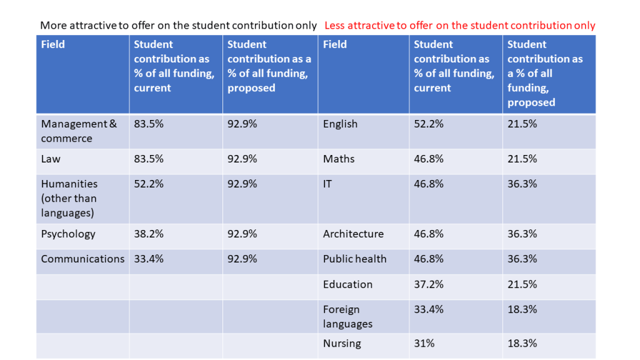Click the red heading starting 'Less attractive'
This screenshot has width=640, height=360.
pos(459,26)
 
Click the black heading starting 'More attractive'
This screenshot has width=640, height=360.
pos(178,26)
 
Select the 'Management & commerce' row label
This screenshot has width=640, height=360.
pos(79,131)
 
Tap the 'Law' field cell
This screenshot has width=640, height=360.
pos(51,159)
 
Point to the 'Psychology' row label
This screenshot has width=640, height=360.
pos(68,234)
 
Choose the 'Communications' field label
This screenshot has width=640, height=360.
pos(82,259)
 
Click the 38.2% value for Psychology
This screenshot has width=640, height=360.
pos(149,234)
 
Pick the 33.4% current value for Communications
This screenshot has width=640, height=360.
pos(149,259)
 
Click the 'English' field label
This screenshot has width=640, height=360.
pos(340,124)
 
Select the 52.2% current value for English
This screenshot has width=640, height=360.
pos(429,124)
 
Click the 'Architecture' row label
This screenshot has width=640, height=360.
pos(353,234)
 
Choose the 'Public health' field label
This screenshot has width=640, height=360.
pos(354,259)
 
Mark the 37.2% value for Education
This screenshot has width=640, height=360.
pos(429,284)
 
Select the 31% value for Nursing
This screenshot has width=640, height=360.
pos(424,343)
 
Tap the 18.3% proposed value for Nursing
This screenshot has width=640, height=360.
pos(522,343)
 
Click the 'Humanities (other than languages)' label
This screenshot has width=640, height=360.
pos(69,198)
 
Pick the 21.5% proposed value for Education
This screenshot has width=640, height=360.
pos(522,284)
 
